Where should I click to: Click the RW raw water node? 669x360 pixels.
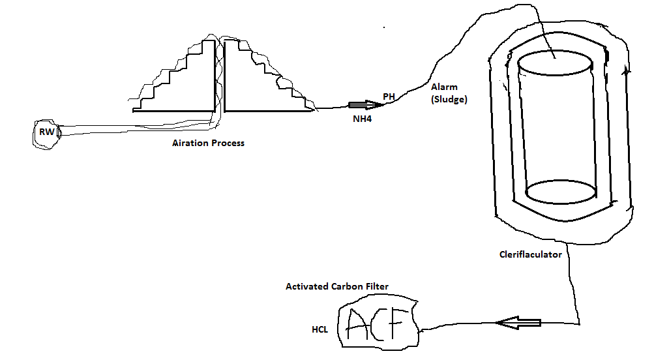48,133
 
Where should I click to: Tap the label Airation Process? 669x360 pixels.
205,143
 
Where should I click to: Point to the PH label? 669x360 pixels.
389,97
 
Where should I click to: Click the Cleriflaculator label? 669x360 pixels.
526,255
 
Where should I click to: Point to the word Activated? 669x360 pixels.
308,287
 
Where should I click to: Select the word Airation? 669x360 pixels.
185,143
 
